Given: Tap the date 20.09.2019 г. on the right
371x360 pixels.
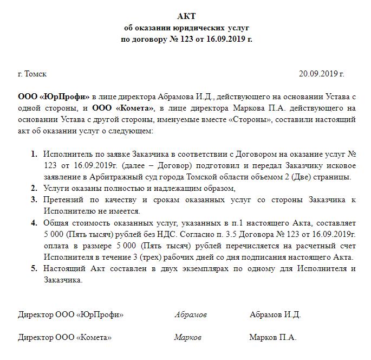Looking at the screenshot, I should pyautogui.click(x=322, y=74).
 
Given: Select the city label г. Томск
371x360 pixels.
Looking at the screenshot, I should pyautogui.click(x=32, y=74).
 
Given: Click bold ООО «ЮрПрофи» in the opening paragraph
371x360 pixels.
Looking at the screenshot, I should pyautogui.click(x=54, y=97).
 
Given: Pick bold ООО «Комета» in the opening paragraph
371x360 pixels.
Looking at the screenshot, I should pyautogui.click(x=123, y=108).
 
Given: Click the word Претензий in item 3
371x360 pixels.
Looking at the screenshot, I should pyautogui.click(x=63, y=200).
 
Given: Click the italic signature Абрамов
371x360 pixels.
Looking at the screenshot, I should pyautogui.click(x=191, y=315).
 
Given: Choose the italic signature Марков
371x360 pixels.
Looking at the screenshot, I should pyautogui.click(x=188, y=337).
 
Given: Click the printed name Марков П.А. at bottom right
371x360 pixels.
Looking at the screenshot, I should pyautogui.click(x=273, y=337).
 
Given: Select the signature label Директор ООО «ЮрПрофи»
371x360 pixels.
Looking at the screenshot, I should pyautogui.click(x=71, y=315).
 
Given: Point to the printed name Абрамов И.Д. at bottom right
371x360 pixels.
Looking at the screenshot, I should pyautogui.click(x=275, y=315).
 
